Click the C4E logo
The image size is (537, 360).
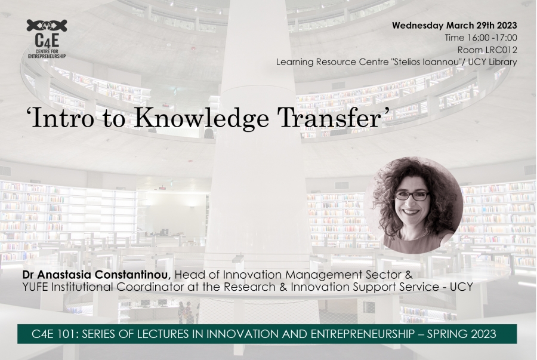(47, 39)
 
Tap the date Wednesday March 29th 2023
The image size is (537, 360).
(455, 26)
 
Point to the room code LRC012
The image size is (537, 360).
(501, 50)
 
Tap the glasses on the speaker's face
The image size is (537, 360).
(413, 196)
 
